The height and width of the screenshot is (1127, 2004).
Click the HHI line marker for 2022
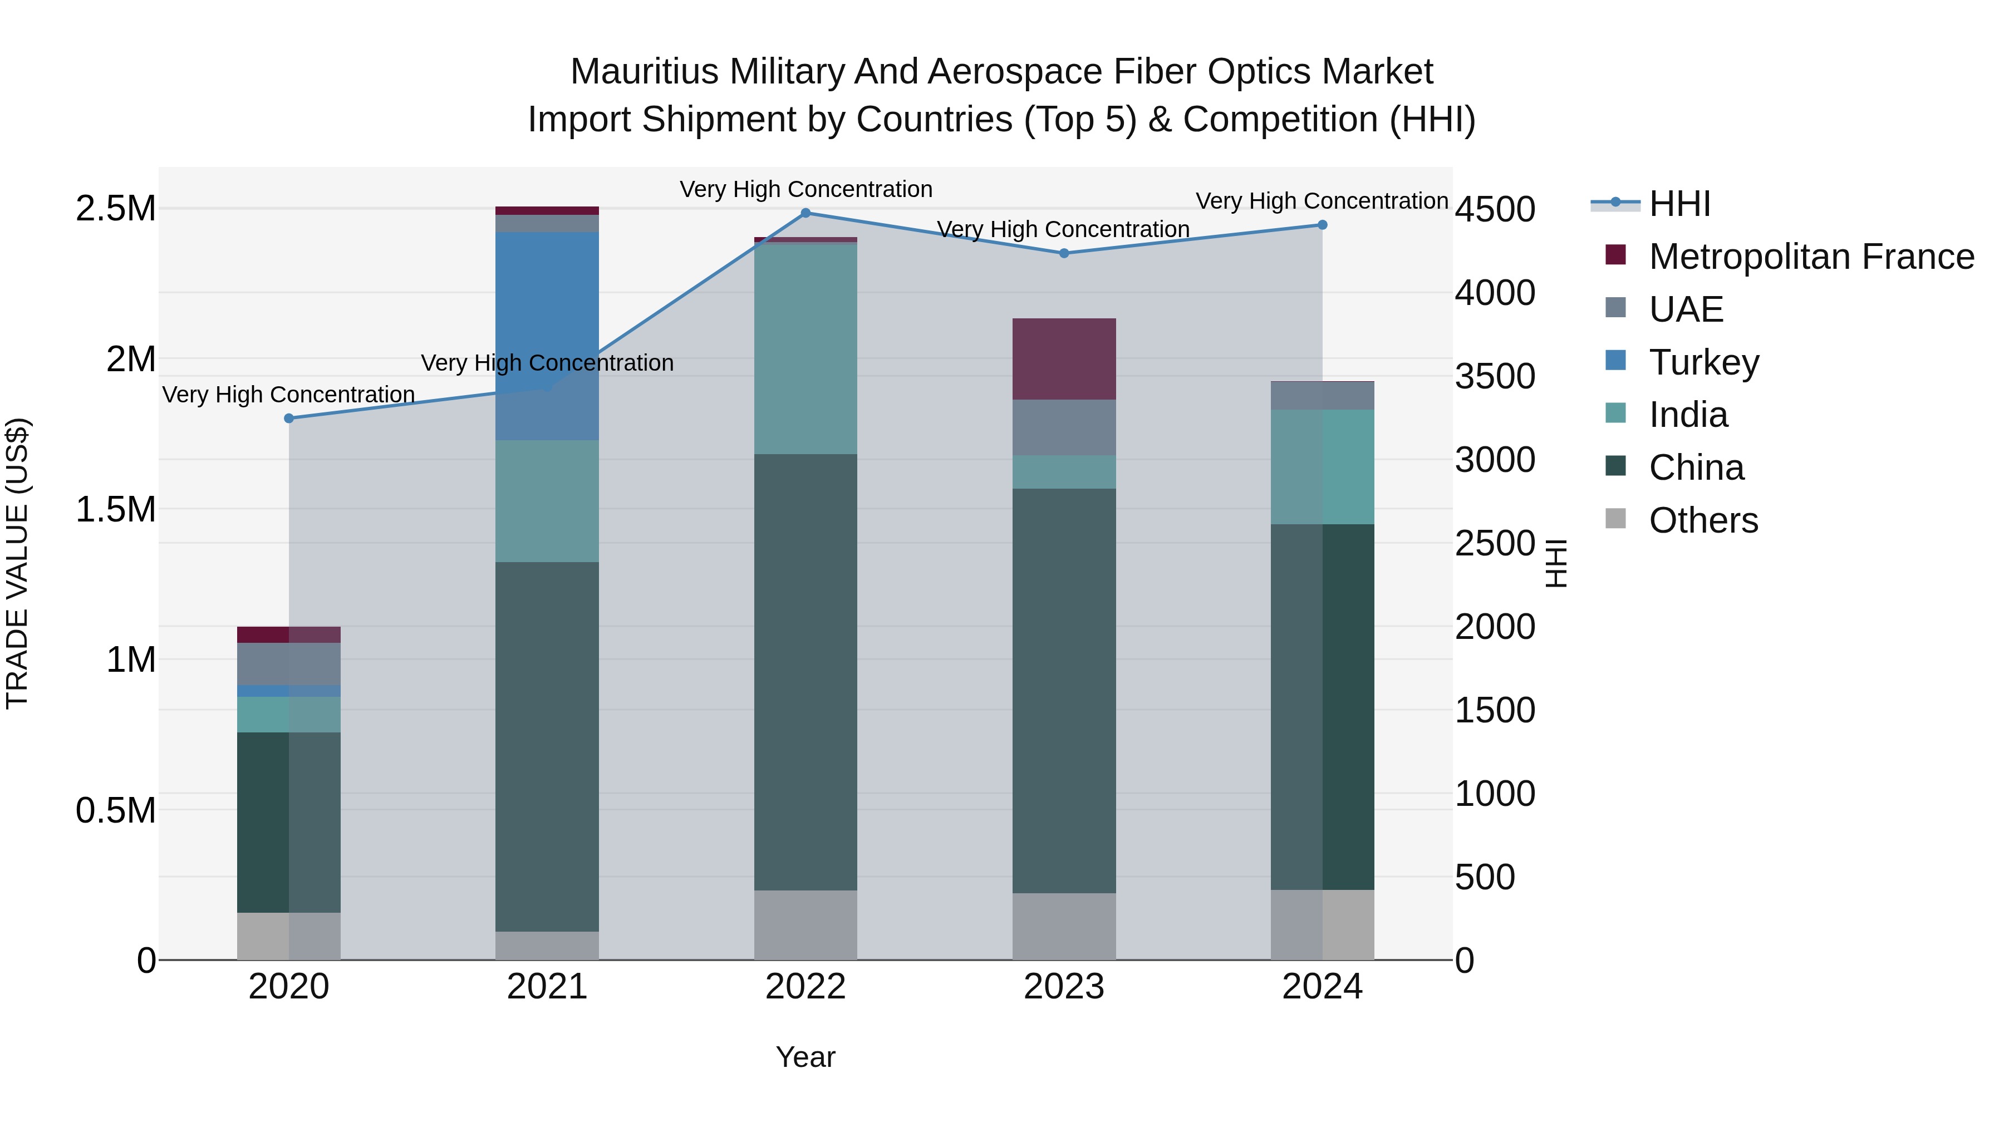pos(806,213)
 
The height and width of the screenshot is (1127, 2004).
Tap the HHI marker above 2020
pos(288,419)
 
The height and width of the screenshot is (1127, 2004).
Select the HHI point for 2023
pos(1064,253)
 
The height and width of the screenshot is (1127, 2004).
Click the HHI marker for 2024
pos(1323,225)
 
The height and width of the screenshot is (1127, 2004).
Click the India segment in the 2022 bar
pos(806,348)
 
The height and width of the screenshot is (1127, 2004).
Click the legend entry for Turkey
pos(1704,362)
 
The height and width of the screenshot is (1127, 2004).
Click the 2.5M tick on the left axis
pos(116,209)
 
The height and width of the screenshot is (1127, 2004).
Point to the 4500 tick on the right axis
pos(1495,209)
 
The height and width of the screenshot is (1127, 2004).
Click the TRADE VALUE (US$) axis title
pos(17,563)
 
